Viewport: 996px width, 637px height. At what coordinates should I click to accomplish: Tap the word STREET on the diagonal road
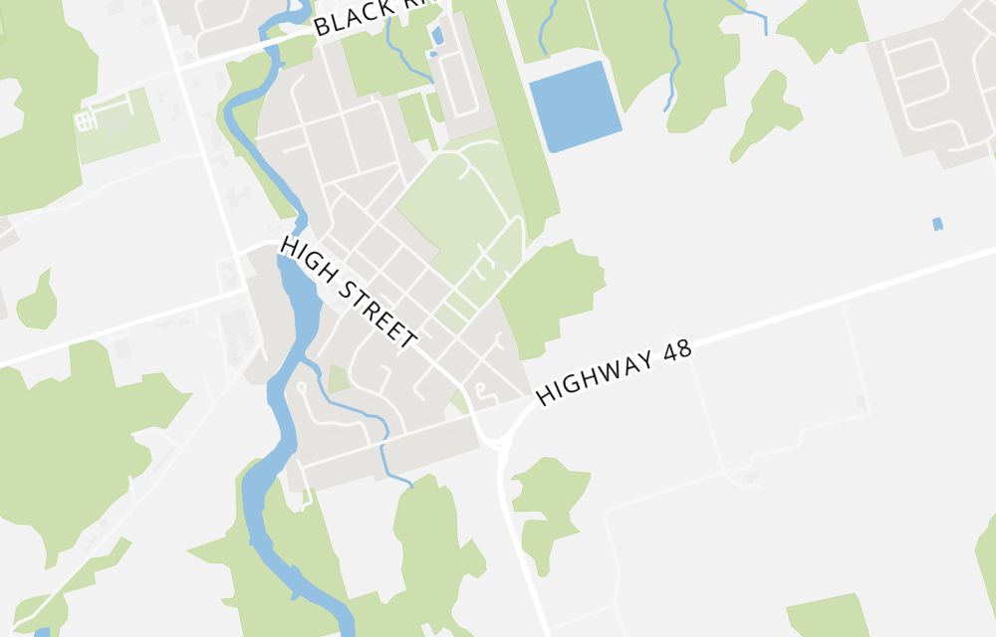click(x=377, y=312)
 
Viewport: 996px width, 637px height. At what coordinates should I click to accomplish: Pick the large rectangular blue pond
click(x=575, y=106)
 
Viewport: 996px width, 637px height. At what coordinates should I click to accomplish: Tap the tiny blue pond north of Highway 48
click(x=937, y=224)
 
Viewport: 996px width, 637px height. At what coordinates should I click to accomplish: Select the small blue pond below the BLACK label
click(x=437, y=37)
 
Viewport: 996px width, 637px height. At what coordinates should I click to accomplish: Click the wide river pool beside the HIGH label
click(x=298, y=299)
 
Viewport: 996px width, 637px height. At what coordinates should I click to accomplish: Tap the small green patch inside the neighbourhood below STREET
click(x=339, y=379)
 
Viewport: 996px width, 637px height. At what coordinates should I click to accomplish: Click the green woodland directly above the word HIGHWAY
click(x=553, y=294)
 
